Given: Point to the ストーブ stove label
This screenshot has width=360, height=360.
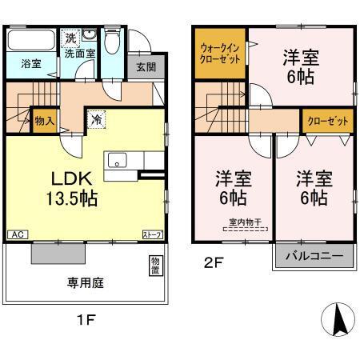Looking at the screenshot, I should pyautogui.click(x=153, y=234).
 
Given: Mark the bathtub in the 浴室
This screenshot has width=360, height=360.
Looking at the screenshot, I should pyautogui.click(x=31, y=40).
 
